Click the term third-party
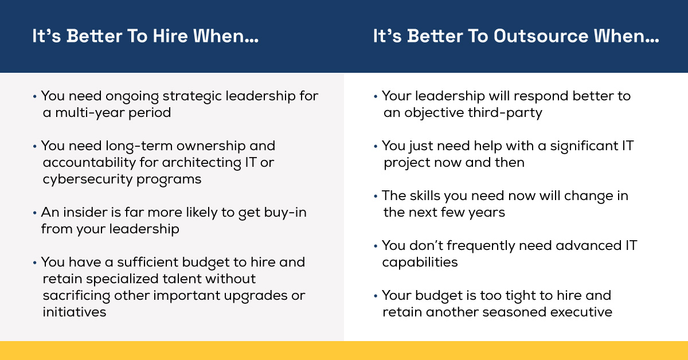pos(510,112)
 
